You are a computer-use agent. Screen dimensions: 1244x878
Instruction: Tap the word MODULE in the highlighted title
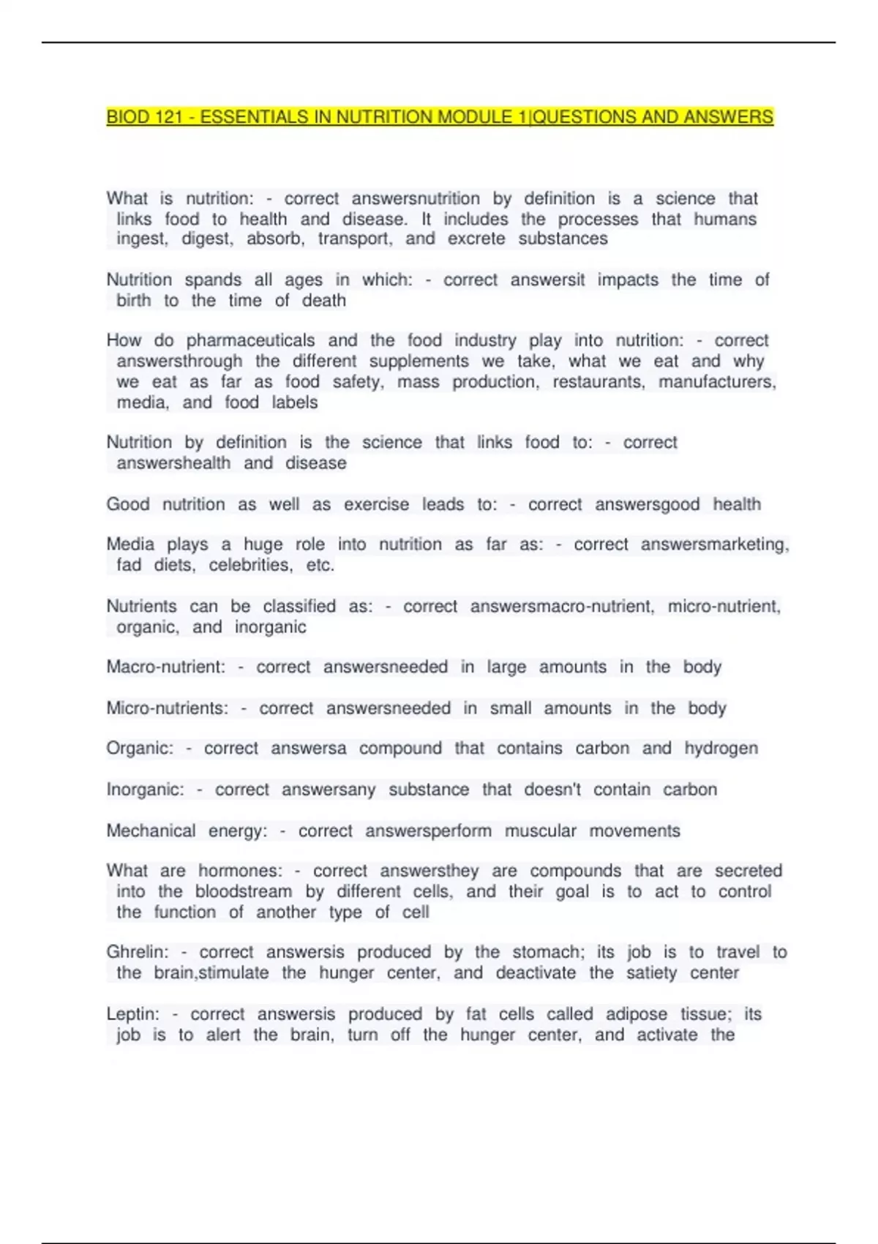coord(475,117)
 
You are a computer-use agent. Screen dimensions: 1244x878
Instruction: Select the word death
coord(324,301)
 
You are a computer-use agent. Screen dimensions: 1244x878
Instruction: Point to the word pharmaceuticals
coord(250,341)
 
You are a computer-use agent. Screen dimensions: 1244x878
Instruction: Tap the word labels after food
coord(295,402)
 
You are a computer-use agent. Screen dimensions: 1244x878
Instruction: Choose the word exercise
coord(377,505)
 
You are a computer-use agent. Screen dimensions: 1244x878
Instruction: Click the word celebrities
coord(249,565)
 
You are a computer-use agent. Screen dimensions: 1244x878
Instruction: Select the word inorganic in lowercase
coord(271,627)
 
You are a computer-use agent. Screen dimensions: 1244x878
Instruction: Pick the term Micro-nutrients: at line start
coord(168,708)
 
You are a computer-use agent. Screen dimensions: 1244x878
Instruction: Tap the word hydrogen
coord(721,749)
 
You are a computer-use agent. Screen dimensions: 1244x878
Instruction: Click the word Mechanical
coord(151,831)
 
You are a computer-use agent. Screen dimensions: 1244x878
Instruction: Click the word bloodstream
coord(244,892)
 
